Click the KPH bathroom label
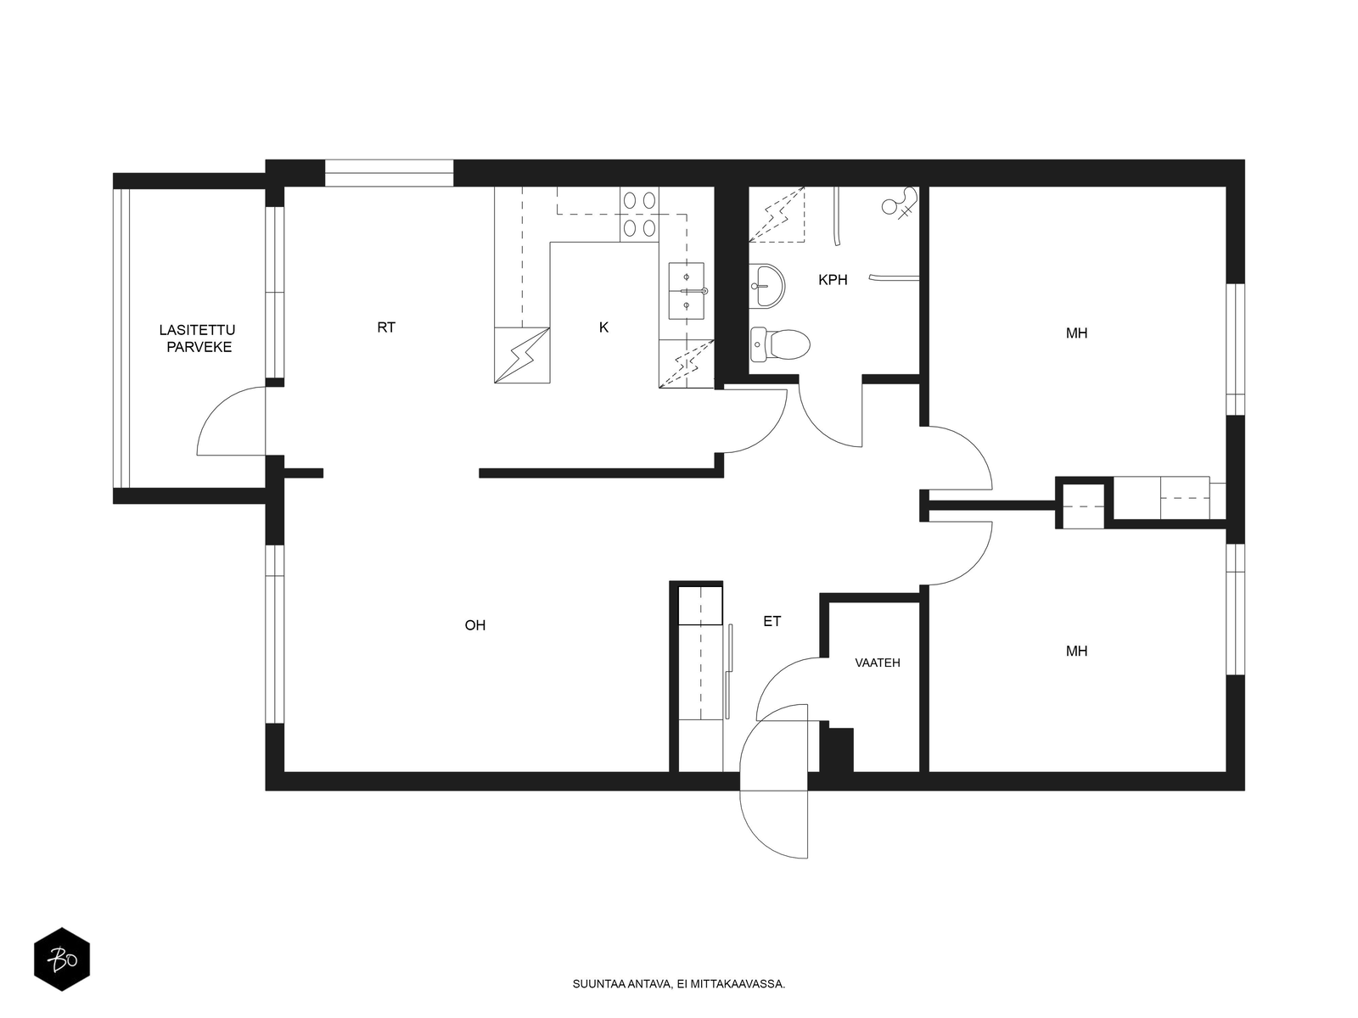point(832,280)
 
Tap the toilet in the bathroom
point(779,344)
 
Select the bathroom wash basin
point(766,286)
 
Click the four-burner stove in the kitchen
point(639,214)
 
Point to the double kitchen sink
point(686,290)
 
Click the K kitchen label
point(603,327)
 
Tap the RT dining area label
point(386,327)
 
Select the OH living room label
point(474,625)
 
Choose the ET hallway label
point(772,622)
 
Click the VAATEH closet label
point(878,663)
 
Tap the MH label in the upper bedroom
point(1076,333)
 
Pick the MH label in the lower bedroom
point(1076,651)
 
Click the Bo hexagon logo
point(62,959)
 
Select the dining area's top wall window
point(389,173)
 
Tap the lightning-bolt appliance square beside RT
point(521,355)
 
